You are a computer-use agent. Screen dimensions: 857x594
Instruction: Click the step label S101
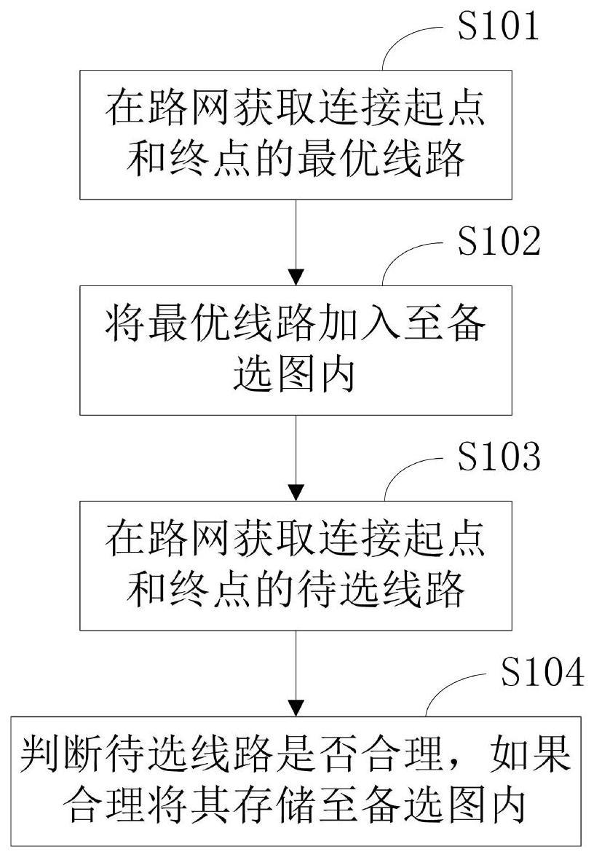[498, 27]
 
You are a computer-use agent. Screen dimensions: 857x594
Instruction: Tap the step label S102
[498, 243]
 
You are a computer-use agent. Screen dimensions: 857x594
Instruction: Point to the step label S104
[542, 674]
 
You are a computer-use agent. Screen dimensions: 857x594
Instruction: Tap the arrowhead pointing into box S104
[296, 707]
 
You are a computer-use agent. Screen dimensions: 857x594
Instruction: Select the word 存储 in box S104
[311, 807]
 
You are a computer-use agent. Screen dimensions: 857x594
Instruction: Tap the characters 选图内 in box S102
[296, 376]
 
